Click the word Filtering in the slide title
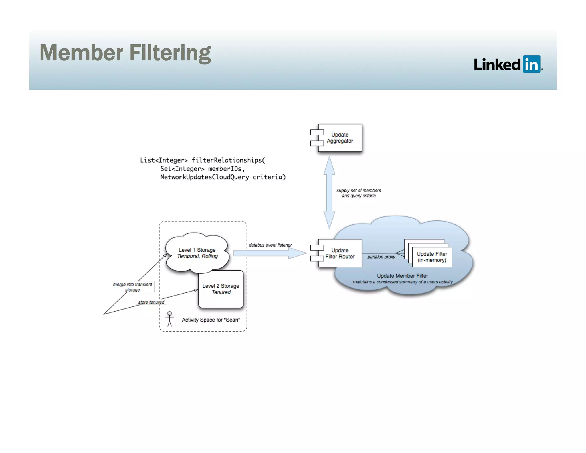170,53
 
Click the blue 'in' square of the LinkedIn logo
531,64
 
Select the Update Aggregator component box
340,138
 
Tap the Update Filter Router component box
340,253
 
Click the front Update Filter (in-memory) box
432,257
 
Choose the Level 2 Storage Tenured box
221,289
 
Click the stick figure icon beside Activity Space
169,319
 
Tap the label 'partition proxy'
381,257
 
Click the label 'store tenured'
151,302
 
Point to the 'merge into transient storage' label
132,287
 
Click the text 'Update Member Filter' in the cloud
402,276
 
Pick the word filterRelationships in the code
227,160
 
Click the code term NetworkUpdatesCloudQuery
204,177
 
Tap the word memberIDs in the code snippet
225,169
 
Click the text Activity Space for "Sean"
211,320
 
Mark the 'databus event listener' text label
270,245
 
